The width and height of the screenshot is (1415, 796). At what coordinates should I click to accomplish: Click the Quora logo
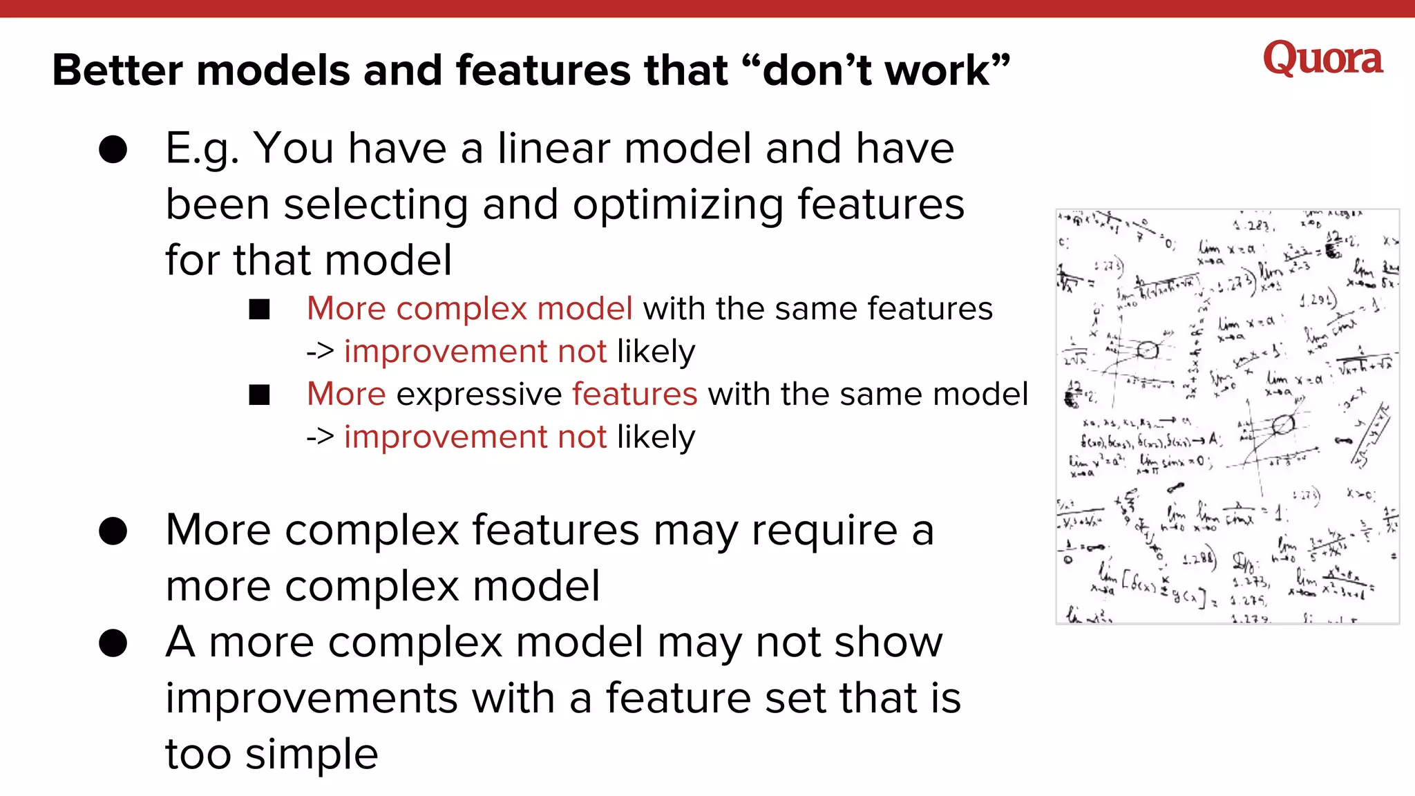(1322, 59)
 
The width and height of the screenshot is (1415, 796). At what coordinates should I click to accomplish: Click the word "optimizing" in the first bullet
(678, 205)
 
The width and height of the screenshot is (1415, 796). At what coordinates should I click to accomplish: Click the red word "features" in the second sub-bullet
(634, 395)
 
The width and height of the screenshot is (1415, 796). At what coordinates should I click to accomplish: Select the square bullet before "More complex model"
(260, 310)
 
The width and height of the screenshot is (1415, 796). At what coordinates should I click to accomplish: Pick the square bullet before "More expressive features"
(260, 395)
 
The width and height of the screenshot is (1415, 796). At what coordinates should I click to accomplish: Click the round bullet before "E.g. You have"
(113, 149)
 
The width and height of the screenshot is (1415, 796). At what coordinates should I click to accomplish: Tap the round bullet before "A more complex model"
(113, 643)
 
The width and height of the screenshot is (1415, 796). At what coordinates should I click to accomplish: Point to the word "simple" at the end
(312, 755)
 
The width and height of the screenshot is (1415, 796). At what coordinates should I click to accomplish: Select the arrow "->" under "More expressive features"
(320, 437)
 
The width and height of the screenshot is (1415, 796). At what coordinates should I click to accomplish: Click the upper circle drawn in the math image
(1148, 350)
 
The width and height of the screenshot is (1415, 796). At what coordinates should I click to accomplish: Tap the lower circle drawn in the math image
(1283, 424)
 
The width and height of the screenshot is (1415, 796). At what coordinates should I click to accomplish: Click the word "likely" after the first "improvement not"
(656, 352)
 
